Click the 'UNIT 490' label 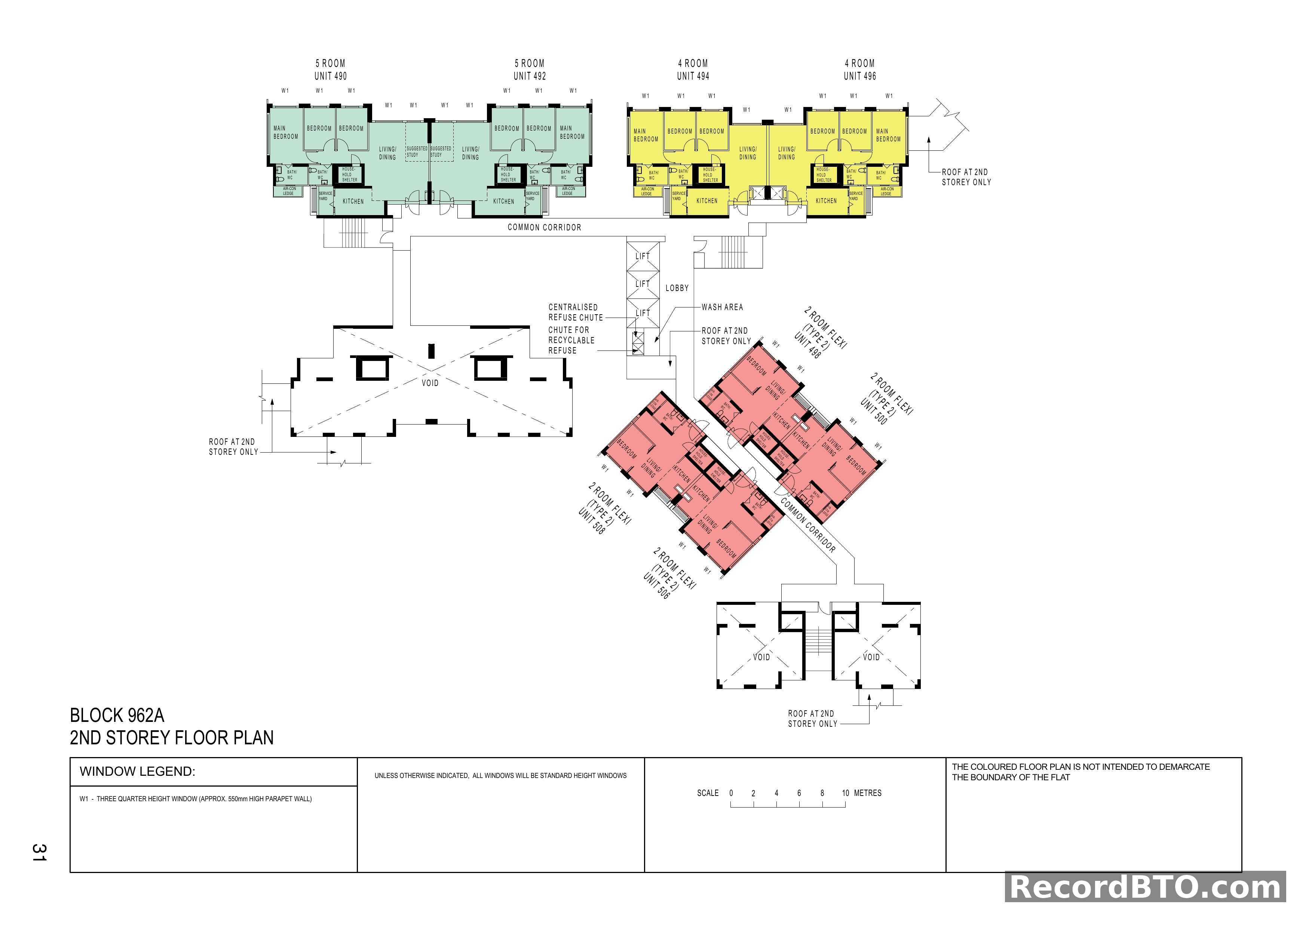point(330,76)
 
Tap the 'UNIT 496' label point(859,76)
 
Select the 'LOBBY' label point(677,288)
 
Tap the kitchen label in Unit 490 point(353,202)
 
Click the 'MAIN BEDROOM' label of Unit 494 point(646,135)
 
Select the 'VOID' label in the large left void point(430,383)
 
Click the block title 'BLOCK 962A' point(117,716)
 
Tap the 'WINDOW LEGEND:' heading point(137,771)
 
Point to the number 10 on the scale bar point(845,793)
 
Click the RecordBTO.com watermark point(1145,888)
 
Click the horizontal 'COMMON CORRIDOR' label point(544,227)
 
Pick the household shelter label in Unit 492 point(508,174)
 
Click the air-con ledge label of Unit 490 point(289,191)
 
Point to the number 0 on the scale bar point(731,793)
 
